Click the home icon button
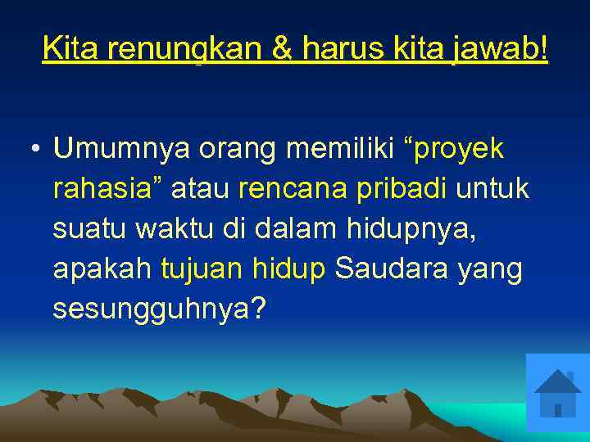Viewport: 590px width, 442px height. [x=558, y=393]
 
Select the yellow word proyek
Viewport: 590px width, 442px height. [x=460, y=151]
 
